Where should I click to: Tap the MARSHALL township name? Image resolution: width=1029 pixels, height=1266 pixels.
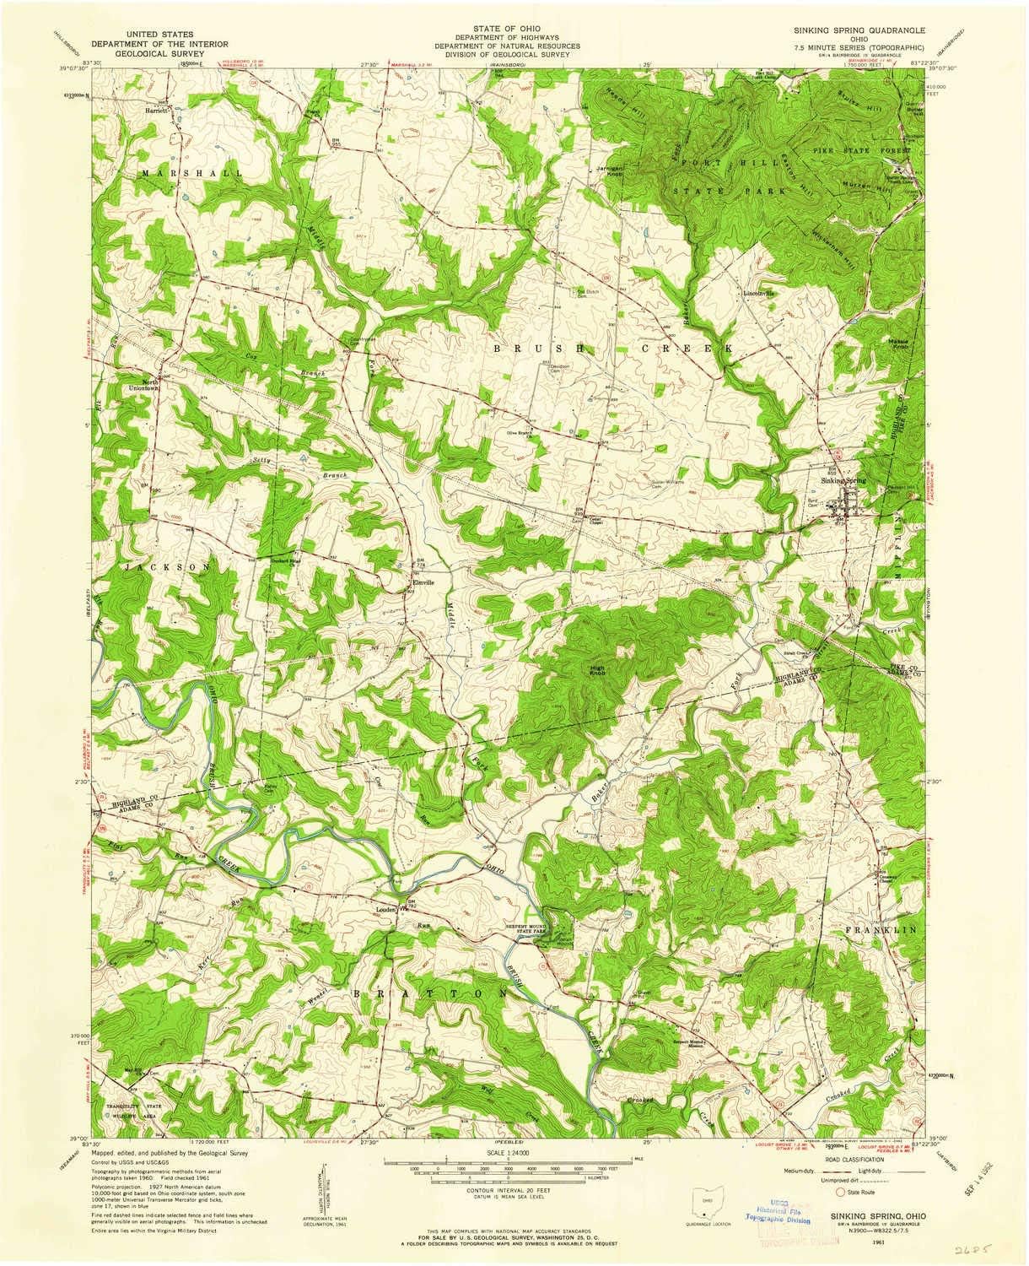coord(181,173)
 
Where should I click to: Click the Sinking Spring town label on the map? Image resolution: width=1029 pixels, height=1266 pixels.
coord(843,481)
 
